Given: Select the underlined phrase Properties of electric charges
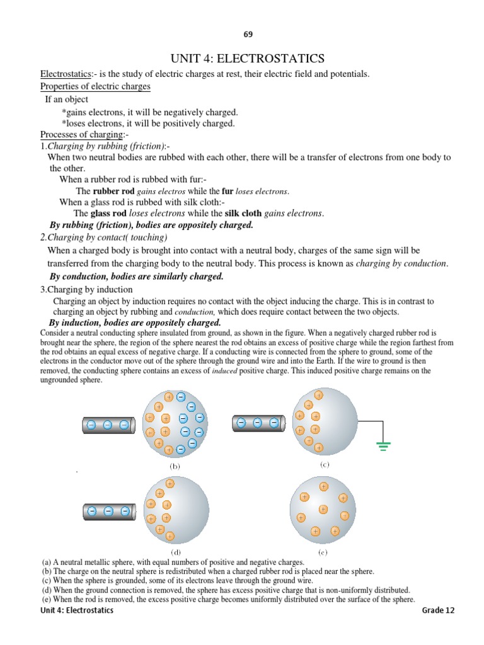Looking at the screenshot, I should point(95,86).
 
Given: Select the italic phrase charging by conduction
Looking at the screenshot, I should point(401,263).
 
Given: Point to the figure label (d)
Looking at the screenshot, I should point(176,551).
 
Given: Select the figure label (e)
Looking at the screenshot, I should point(322,551).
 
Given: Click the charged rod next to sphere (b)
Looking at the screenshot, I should point(109,425).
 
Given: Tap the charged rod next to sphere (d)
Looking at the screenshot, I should point(109,511).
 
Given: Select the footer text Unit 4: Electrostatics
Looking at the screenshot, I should point(78,610).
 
